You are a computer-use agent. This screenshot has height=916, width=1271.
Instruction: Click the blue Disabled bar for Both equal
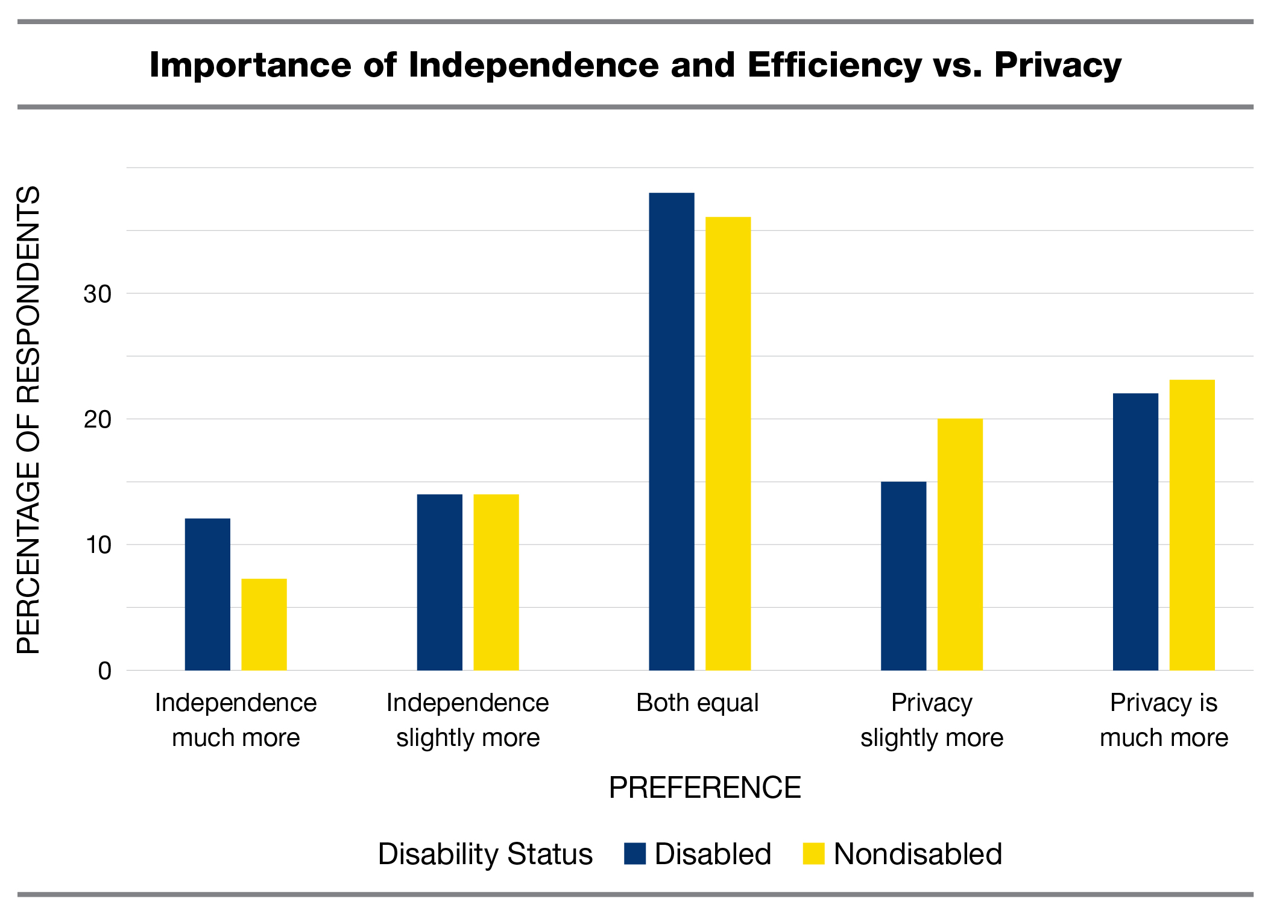pos(671,431)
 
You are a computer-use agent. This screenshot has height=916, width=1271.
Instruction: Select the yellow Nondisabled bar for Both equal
pos(728,443)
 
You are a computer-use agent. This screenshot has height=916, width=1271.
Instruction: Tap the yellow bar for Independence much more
pos(264,624)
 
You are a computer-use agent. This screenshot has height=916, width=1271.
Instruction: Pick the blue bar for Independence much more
pos(207,594)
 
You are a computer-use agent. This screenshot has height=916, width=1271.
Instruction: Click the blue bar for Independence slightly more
pos(440,582)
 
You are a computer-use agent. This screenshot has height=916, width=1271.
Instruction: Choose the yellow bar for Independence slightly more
pos(496,582)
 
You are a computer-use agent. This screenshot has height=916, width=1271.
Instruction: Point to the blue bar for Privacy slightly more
pos(903,576)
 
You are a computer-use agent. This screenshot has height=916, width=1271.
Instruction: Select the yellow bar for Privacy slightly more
pos(960,544)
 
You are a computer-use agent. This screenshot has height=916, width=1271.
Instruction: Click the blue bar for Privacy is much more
pos(1135,531)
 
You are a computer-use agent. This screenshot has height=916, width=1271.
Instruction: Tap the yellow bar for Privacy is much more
pos(1192,525)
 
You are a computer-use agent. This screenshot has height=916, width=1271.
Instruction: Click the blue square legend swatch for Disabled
pos(635,853)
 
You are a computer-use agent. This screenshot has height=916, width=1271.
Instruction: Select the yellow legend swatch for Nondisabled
pos(813,853)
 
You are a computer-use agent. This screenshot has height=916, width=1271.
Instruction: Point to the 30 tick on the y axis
pos(98,294)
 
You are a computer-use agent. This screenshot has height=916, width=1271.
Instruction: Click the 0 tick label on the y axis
pos(105,671)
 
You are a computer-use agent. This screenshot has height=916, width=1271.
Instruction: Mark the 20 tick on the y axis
pos(98,420)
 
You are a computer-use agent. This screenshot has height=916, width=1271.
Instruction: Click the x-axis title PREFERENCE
pos(704,788)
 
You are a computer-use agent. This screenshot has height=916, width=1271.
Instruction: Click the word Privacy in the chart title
pos(1058,65)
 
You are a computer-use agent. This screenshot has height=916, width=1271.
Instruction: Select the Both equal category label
pos(697,703)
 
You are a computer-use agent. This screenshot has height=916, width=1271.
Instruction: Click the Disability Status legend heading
pos(485,854)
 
